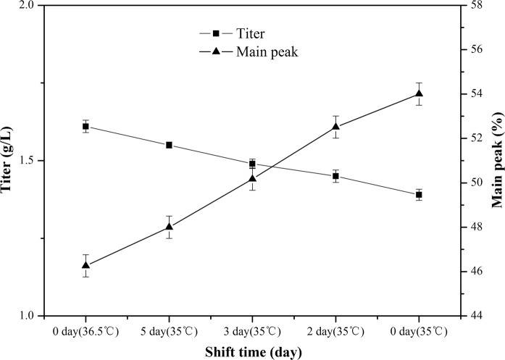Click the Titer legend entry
[233, 34]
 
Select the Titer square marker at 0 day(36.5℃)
[85, 126]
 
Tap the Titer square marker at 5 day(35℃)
[169, 145]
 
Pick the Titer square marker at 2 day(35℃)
[335, 176]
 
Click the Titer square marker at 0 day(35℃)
[419, 195]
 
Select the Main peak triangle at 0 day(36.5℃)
[85, 265]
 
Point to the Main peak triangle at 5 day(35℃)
[169, 227]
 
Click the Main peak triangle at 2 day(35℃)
[335, 127]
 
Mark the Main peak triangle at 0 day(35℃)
[419, 93]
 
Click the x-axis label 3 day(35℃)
[252, 331]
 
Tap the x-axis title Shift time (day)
[251, 351]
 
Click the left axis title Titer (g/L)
[8, 161]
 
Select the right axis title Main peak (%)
[496, 161]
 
